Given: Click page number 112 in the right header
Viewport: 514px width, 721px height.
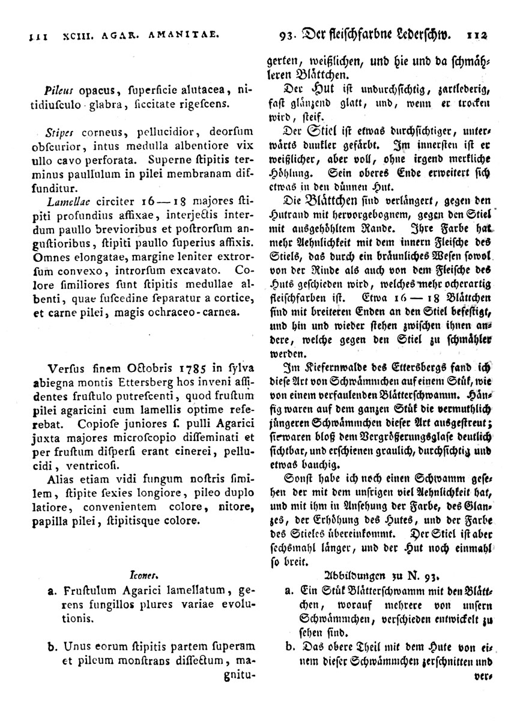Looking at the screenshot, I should point(477,35).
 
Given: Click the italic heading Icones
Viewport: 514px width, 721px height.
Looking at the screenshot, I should point(141,574).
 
